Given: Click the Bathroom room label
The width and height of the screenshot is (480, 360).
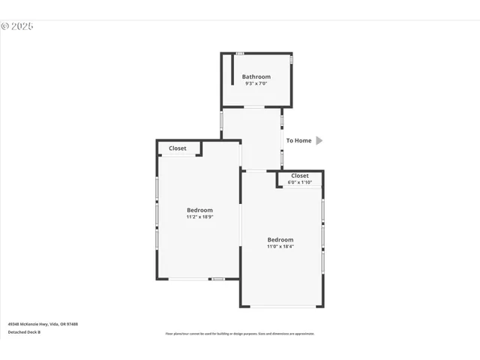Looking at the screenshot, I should click(256, 76).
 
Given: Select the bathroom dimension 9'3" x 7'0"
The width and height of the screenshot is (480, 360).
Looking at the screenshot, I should click(256, 83).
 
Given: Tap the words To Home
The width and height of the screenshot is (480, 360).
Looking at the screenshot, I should click(298, 140).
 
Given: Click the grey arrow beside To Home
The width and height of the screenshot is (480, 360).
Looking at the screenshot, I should click(319, 140).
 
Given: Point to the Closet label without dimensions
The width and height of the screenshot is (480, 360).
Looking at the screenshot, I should click(178, 148).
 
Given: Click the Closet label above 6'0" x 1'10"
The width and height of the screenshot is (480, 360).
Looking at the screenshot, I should click(300, 175).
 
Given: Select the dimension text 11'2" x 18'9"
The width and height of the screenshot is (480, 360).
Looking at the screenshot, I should click(199, 217).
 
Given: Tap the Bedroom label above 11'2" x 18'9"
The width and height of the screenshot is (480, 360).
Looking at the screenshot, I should click(199, 210).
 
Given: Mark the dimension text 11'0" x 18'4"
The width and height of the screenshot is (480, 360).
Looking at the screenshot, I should click(280, 246).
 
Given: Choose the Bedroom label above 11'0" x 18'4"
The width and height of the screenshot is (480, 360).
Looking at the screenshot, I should click(280, 239).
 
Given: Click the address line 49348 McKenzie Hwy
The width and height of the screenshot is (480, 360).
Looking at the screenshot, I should click(43, 324).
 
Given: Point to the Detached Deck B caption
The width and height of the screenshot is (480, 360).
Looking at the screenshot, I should click(24, 331).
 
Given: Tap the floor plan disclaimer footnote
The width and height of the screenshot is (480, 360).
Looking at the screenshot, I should click(240, 334).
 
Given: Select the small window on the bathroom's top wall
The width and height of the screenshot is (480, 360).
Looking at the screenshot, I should click(240, 53).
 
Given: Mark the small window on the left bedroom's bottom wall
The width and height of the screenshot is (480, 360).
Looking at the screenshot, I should click(217, 279).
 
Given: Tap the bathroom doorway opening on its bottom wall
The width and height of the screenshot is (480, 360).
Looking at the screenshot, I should click(254, 106).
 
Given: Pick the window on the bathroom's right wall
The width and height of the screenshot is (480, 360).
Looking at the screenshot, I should click(292, 58).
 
